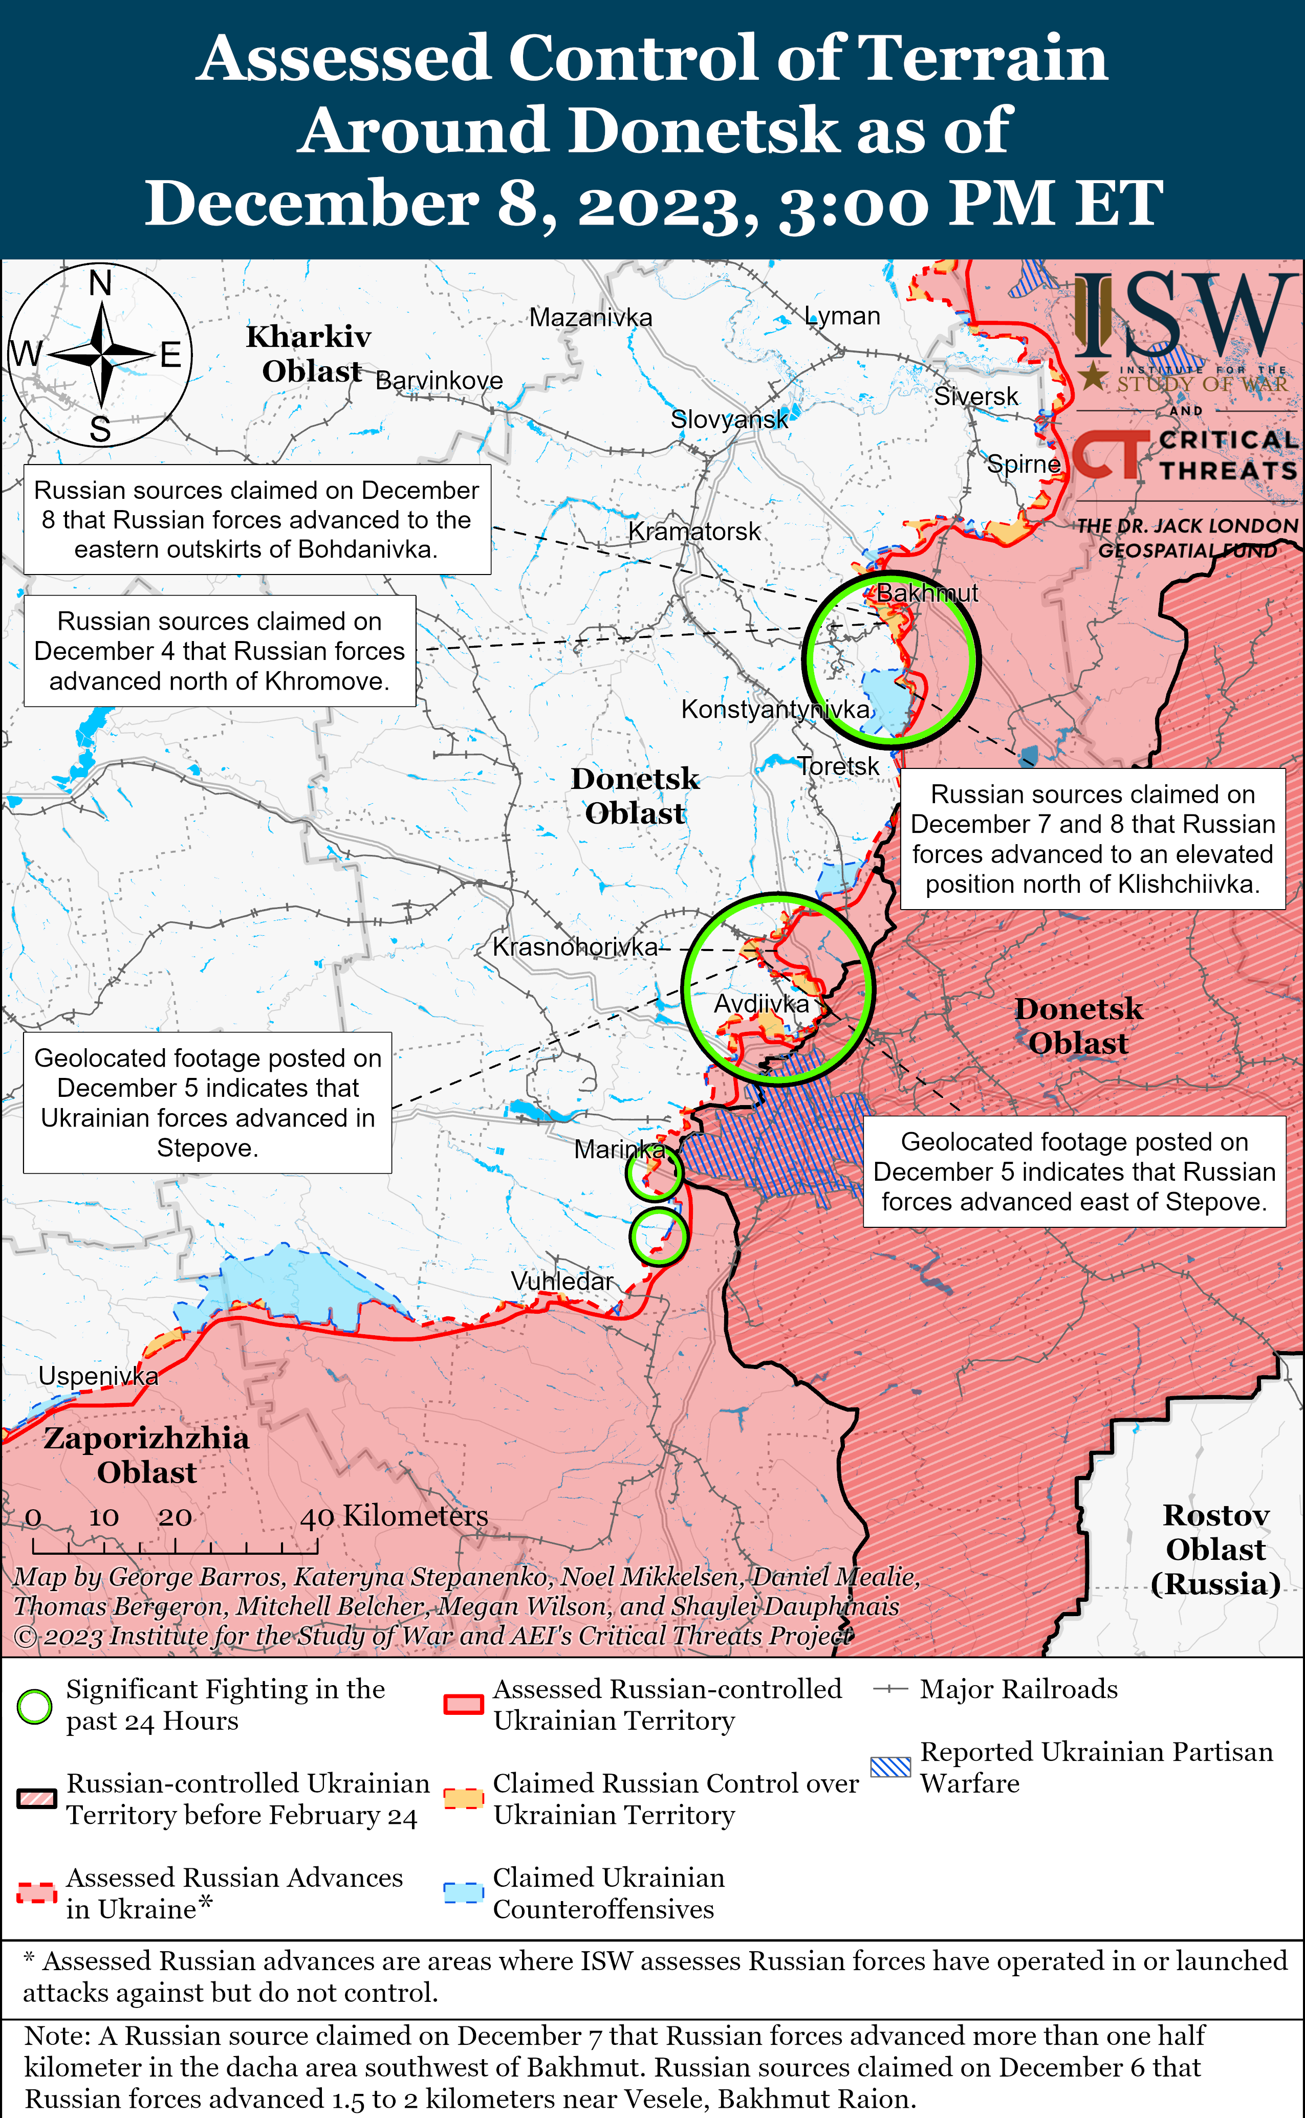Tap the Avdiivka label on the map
point(762,1003)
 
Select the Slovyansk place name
point(729,420)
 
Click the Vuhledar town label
point(562,1281)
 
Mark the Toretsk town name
point(838,765)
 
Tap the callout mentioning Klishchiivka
point(1093,839)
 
